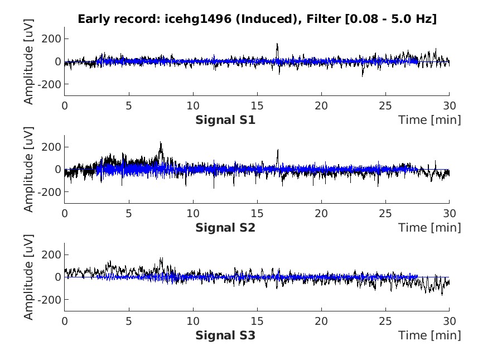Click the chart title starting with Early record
pos(257,19)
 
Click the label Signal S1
pos(225,120)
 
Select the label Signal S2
pos(225,228)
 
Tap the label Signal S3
pos(225,335)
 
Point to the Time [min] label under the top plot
pos(430,120)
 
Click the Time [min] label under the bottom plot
pos(430,335)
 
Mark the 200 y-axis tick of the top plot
pos(52,39)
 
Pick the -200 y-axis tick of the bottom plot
pos(50,300)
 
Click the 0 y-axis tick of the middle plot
pos(57,169)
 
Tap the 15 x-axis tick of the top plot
pos(257,105)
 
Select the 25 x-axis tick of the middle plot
pos(385,213)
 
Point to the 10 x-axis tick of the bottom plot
pos(193,321)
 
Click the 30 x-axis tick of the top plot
pos(450,105)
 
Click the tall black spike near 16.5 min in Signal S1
pos(277,45)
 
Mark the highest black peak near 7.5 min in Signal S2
pos(161,143)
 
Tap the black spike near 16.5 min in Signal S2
pos(277,151)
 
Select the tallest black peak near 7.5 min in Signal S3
pos(161,259)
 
